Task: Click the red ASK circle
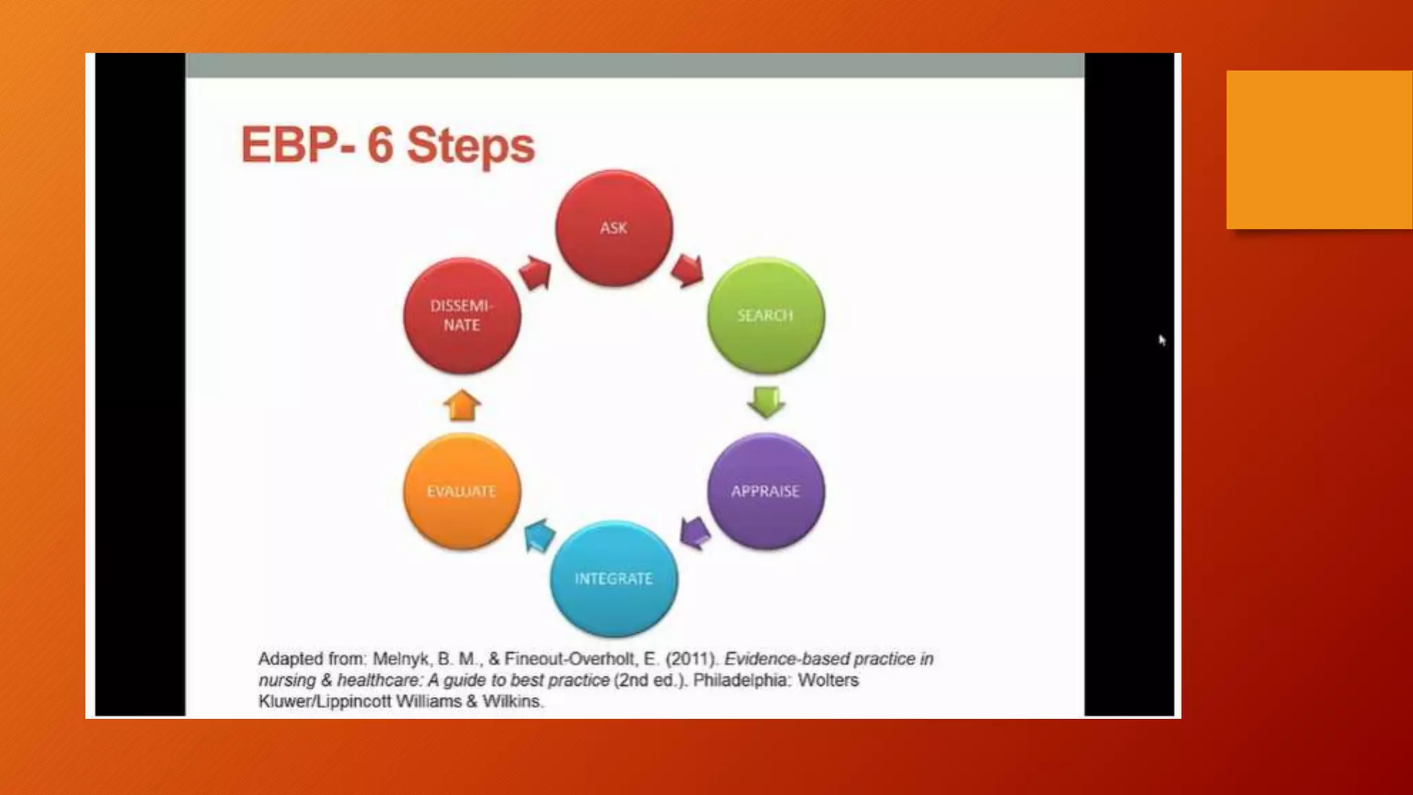point(613,228)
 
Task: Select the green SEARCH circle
point(765,315)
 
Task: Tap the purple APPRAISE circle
point(765,491)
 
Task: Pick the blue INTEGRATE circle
point(613,578)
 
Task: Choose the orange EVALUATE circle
point(462,491)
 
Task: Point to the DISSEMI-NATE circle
point(462,315)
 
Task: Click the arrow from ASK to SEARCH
point(687,270)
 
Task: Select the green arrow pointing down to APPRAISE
point(766,402)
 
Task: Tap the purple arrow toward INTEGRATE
point(695,533)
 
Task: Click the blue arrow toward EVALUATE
point(540,535)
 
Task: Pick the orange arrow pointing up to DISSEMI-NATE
point(462,405)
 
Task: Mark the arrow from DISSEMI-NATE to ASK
point(535,273)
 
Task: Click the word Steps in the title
point(471,146)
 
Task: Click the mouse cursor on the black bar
point(1162,340)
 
